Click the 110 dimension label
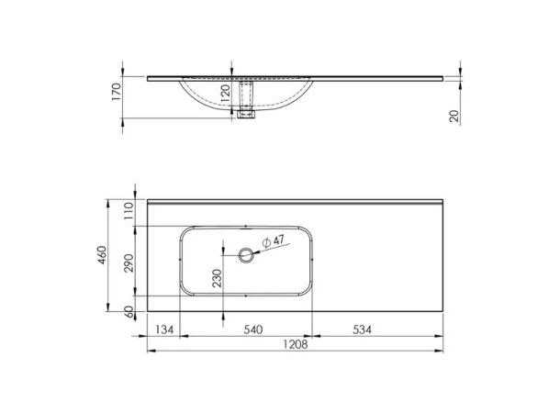[129, 209]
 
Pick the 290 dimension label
[129, 262]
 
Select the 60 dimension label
[129, 311]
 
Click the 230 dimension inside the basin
[217, 279]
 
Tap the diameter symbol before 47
[266, 241]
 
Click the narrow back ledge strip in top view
[294, 200]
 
